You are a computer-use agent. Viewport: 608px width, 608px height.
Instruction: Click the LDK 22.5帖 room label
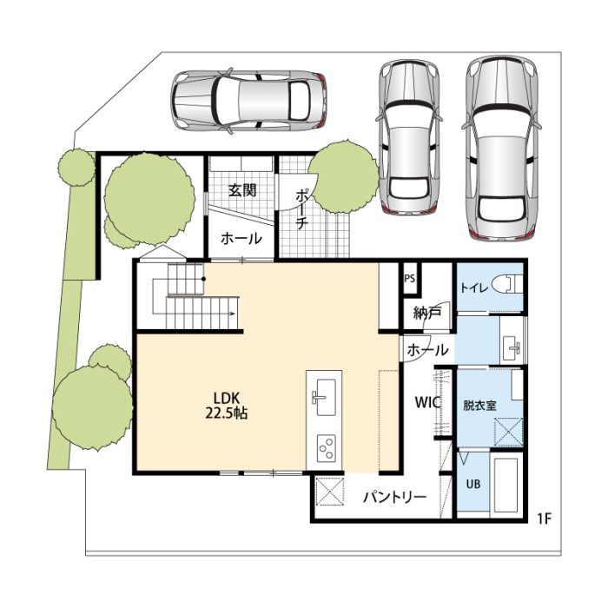coord(227,406)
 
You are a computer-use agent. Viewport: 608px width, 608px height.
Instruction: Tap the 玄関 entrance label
coord(242,190)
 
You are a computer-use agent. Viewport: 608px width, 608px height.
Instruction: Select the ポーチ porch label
coord(301,209)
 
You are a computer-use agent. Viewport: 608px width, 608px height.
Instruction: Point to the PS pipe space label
coord(409,279)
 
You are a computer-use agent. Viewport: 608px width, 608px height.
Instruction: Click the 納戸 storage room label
coord(427,313)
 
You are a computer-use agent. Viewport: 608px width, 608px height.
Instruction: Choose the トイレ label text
coord(474,288)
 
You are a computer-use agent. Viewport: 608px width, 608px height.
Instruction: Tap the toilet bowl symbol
coord(506,284)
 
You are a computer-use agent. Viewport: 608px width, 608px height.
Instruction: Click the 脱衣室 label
coord(479,406)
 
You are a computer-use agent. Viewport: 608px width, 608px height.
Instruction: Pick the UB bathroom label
coord(473,484)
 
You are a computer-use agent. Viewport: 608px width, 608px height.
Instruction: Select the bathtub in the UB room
coord(506,487)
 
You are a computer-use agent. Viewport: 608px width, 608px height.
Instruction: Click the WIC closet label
coord(427,402)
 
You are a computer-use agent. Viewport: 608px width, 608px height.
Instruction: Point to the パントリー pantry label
coord(394,497)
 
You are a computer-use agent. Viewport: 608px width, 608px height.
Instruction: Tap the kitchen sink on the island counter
coord(324,397)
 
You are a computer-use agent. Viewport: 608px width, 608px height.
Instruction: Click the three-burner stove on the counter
coord(327,448)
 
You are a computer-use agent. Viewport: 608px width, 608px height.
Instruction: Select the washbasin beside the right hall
coord(512,344)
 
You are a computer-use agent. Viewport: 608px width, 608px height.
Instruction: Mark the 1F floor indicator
coord(544,519)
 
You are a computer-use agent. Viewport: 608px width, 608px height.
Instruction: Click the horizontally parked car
coord(248,101)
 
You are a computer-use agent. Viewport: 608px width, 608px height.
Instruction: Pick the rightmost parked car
coord(502,149)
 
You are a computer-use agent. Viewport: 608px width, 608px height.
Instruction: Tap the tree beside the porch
coord(344,178)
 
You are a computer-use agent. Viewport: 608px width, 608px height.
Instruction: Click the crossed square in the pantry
coord(329,492)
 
